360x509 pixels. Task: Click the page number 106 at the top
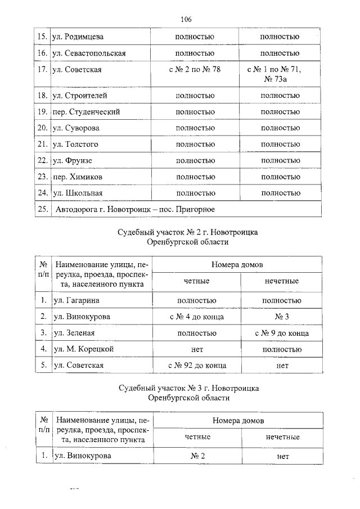pos(187,20)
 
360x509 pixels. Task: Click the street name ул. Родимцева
pos(78,37)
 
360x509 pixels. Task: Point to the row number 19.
pos(41,112)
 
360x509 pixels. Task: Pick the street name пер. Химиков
pos(78,177)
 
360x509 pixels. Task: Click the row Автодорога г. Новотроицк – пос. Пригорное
pos(135,210)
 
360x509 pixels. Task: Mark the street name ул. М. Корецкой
pos(83,349)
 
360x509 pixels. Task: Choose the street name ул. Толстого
pos(75,145)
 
